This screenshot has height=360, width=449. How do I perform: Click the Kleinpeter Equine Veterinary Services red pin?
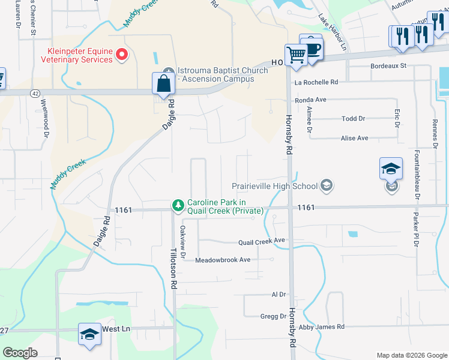point(122,55)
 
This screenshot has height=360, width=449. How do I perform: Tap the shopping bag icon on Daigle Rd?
point(163,84)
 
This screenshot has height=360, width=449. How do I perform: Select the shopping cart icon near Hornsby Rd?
point(296,55)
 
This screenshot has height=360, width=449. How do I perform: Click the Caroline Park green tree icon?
point(178,206)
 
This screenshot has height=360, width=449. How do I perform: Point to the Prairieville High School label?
point(276,185)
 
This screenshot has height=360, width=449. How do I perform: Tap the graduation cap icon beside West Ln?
point(89,334)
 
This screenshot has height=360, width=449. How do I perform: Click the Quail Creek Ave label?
point(261,241)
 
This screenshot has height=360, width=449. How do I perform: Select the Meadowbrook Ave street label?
point(223,260)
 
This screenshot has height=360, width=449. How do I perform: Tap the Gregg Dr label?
point(273,316)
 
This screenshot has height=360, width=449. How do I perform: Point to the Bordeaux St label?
point(388,65)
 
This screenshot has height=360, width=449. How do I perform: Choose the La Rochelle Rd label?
point(316,82)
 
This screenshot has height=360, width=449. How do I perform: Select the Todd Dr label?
point(353,119)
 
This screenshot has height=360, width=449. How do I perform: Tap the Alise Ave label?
point(354,138)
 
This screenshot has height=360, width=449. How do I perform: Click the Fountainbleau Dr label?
point(415,178)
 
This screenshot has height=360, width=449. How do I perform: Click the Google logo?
point(20,353)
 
